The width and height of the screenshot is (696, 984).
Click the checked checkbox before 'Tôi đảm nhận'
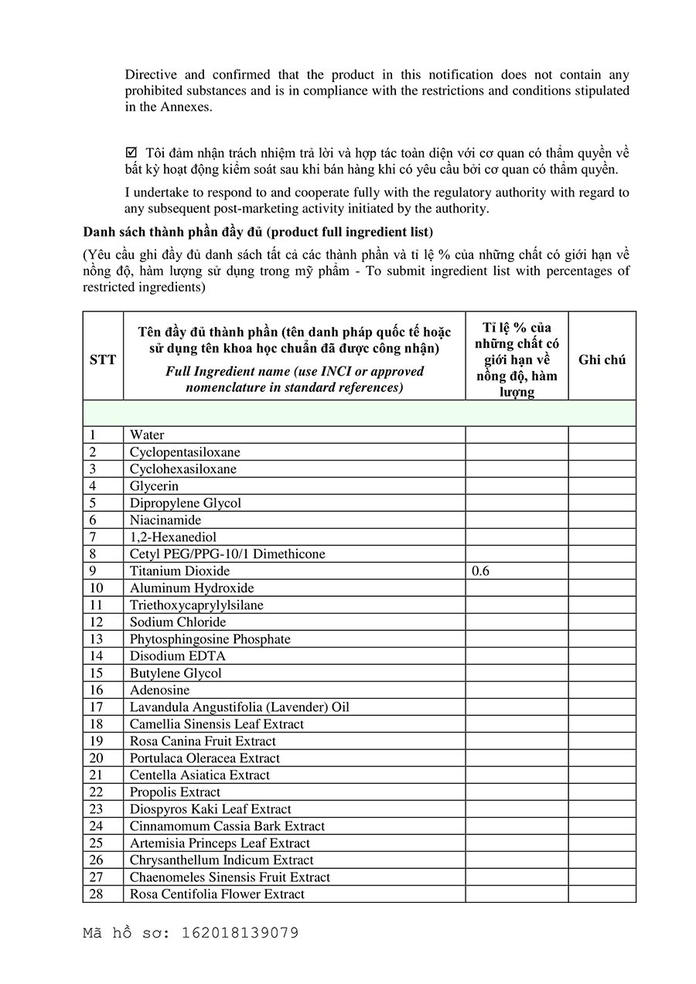[x=131, y=152]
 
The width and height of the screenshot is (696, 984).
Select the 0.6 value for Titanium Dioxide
[x=480, y=571]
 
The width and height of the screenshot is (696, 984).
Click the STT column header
[x=103, y=359]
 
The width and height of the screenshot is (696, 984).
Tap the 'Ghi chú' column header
[x=602, y=359]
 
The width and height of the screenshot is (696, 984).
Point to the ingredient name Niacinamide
[x=165, y=520]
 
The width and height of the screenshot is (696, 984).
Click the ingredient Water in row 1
[x=147, y=435]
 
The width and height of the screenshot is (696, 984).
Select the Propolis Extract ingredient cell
[x=175, y=792]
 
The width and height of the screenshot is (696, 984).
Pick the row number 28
[x=96, y=894]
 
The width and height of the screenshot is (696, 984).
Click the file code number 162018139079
[x=240, y=933]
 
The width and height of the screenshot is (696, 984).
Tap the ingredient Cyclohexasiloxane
[x=183, y=469]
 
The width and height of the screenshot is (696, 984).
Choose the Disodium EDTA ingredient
[x=177, y=656]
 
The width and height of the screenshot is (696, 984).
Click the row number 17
[x=96, y=707]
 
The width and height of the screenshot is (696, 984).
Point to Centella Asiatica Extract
[x=200, y=775]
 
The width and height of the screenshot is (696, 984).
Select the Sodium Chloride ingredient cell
[x=178, y=622]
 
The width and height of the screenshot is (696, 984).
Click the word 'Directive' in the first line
[x=151, y=75]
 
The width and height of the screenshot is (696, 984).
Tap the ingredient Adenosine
[x=159, y=690]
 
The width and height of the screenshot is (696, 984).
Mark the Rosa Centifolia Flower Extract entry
[x=217, y=894]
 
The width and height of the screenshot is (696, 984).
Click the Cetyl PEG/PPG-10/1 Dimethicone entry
[x=227, y=554]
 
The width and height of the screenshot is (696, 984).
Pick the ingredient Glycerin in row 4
[x=154, y=486]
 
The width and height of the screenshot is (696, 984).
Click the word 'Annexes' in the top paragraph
[x=185, y=107]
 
